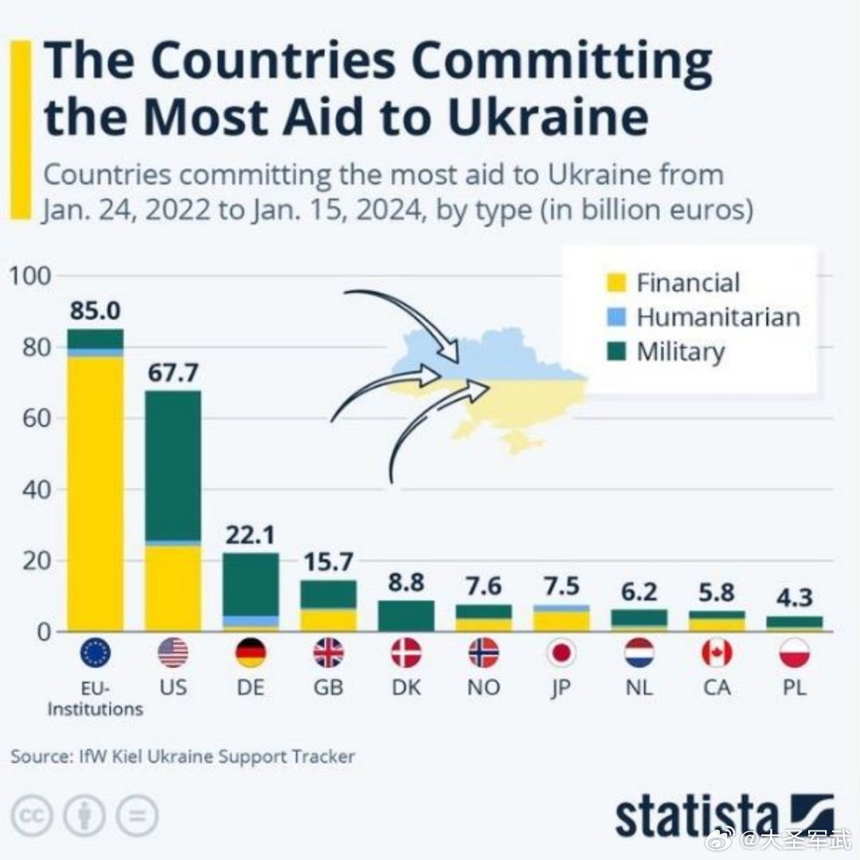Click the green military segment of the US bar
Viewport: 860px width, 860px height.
click(x=173, y=465)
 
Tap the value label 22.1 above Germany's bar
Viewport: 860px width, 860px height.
click(x=251, y=535)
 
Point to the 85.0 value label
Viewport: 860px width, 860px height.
click(x=96, y=311)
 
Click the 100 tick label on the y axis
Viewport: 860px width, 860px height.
click(x=30, y=276)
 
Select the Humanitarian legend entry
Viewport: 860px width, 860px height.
click(x=717, y=317)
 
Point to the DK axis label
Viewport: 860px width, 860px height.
click(x=406, y=686)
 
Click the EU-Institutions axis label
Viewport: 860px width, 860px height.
click(x=96, y=697)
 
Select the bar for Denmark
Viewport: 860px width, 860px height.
click(x=406, y=616)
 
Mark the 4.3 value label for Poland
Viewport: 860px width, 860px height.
click(x=795, y=598)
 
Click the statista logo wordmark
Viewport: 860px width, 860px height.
click(x=697, y=815)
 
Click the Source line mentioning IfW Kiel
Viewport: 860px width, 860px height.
click(x=182, y=756)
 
